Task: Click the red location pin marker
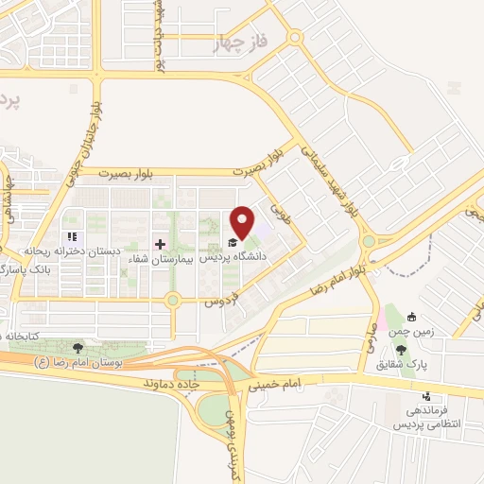pyautogui.click(x=243, y=222)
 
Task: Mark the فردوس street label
pyautogui.click(x=220, y=301)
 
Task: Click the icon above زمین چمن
pyautogui.click(x=412, y=318)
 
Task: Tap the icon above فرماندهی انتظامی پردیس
pyautogui.click(x=426, y=396)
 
